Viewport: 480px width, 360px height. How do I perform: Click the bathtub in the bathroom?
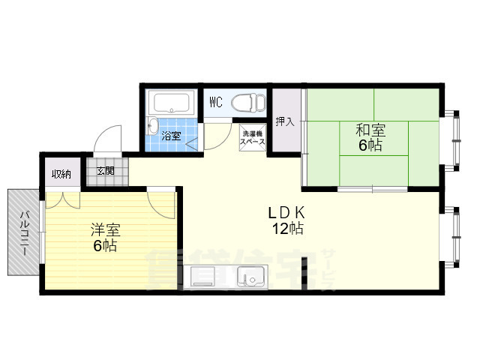[172, 102]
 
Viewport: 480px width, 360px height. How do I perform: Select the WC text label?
[215, 101]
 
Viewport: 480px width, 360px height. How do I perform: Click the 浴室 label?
[172, 136]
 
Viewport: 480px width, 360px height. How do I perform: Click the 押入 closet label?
[284, 121]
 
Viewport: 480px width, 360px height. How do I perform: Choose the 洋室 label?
[104, 230]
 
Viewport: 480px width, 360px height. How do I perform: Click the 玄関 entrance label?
[105, 171]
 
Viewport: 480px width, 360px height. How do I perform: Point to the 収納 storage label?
[61, 174]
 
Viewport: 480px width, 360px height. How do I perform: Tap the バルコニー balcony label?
[25, 233]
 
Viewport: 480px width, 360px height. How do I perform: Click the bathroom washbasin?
[154, 126]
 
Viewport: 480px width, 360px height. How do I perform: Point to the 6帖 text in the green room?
[370, 145]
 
